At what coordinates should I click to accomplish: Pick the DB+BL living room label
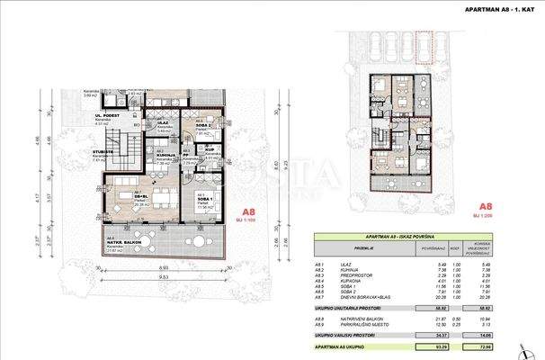click(x=141, y=194)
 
